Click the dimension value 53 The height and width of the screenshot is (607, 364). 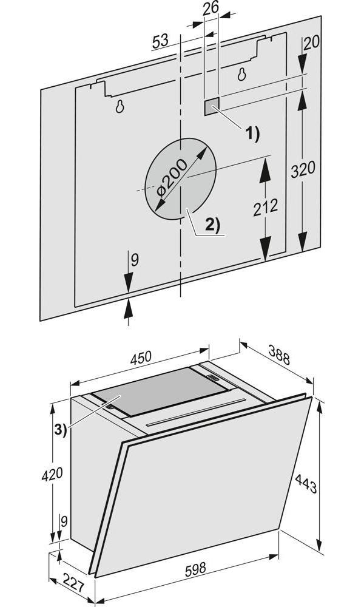pyautogui.click(x=160, y=41)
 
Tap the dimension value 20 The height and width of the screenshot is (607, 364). pyautogui.click(x=311, y=43)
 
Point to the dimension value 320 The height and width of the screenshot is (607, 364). pyautogui.click(x=303, y=170)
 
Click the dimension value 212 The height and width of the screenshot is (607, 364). pyautogui.click(x=265, y=208)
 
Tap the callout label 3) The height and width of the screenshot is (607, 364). pyautogui.click(x=60, y=430)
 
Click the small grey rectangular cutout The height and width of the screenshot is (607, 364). pyautogui.click(x=212, y=105)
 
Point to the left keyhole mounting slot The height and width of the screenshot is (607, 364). pyautogui.click(x=120, y=106)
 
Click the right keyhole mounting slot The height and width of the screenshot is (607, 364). pyautogui.click(x=242, y=73)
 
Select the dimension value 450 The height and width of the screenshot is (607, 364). pyautogui.click(x=141, y=359)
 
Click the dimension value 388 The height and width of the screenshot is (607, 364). pyautogui.click(x=278, y=355)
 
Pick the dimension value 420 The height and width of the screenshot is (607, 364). pyautogui.click(x=52, y=474)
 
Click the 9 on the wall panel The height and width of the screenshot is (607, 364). pyautogui.click(x=134, y=260)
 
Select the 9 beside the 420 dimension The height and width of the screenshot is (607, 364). pyautogui.click(x=64, y=521)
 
